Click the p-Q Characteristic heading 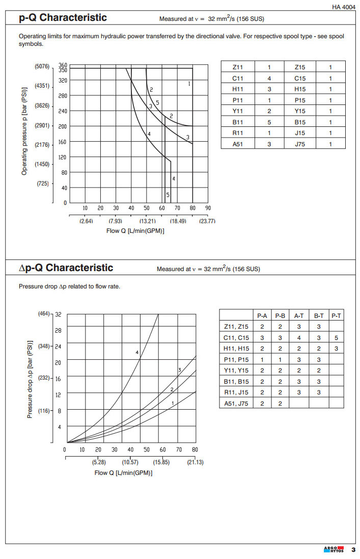pyautogui.click(x=63, y=18)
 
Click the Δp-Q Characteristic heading pyautogui.click(x=66, y=268)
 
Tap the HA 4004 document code pyautogui.click(x=344, y=7)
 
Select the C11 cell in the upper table pyautogui.click(x=237, y=78)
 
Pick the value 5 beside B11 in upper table pyautogui.click(x=269, y=122)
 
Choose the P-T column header pyautogui.click(x=336, y=316)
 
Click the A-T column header pyautogui.click(x=299, y=316)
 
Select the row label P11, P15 pyautogui.click(x=236, y=359)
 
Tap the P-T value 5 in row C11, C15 pyautogui.click(x=336, y=338)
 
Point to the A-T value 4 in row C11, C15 pyautogui.click(x=299, y=338)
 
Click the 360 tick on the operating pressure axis pyautogui.click(x=63, y=65)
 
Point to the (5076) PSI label pyautogui.click(x=42, y=67)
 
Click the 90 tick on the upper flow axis pyautogui.click(x=208, y=208)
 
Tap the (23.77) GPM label pyautogui.click(x=207, y=221)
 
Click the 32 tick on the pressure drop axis pyautogui.click(x=58, y=314)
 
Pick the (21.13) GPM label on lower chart pyautogui.click(x=195, y=462)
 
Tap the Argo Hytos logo pyautogui.click(x=334, y=549)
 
